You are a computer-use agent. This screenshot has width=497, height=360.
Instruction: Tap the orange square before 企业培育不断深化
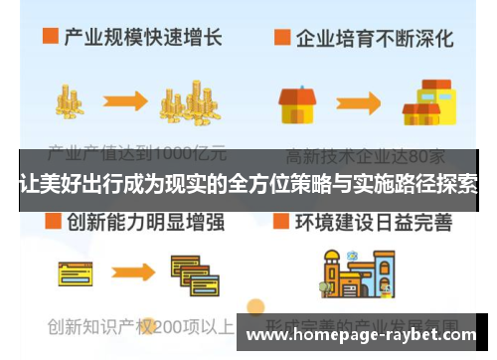(281, 38)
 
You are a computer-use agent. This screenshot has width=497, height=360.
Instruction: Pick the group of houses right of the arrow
(421, 102)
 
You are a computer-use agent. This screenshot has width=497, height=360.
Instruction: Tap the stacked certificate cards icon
(188, 273)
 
